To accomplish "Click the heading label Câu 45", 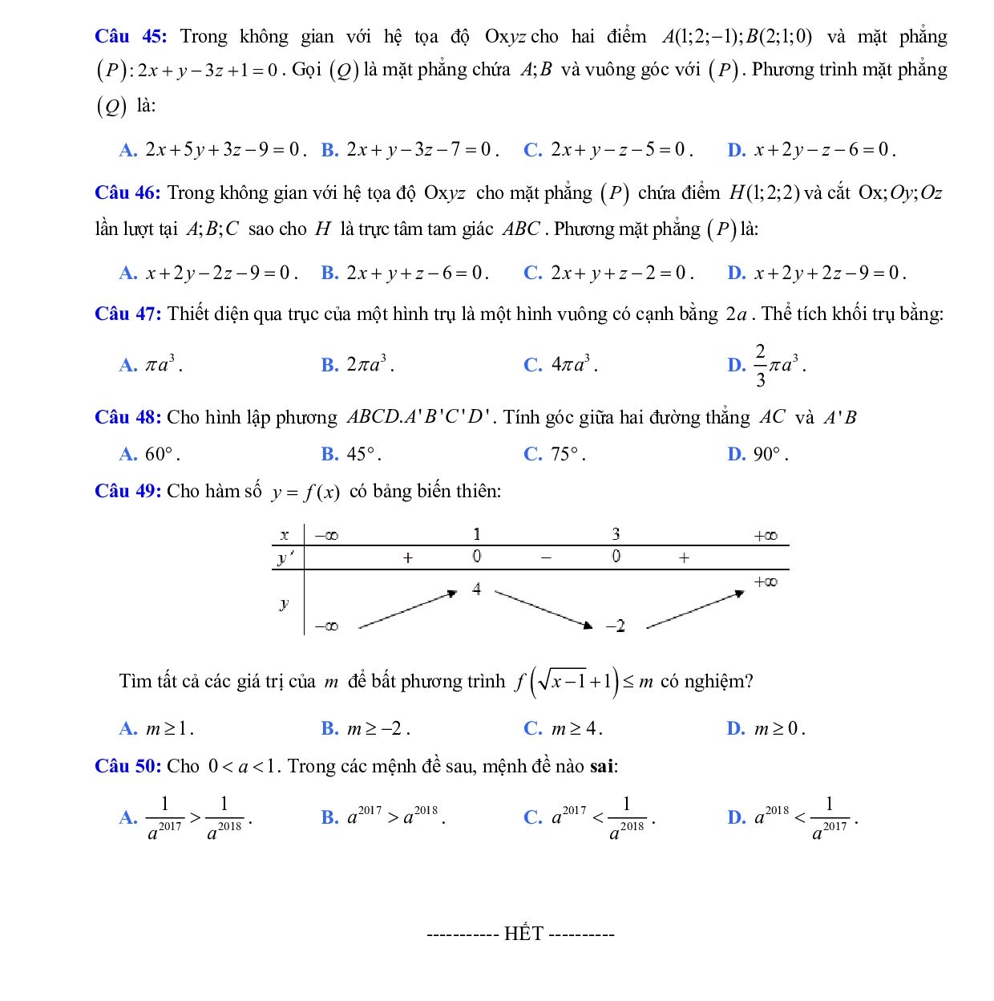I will (130, 36).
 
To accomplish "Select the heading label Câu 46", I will (128, 192).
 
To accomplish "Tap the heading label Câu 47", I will (128, 314).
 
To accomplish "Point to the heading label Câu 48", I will (128, 417).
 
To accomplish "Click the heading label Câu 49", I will (128, 491).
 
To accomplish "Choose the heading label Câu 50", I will (128, 766).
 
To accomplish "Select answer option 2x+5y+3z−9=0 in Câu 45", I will (224, 150).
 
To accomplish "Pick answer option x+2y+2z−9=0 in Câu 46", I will (830, 274).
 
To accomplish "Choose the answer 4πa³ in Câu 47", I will (574, 365).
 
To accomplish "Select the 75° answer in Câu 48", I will (567, 455).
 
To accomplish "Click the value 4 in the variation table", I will (477, 590).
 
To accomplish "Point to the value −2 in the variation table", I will (615, 626).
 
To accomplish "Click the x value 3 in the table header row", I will (616, 535).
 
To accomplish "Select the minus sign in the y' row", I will (545, 557).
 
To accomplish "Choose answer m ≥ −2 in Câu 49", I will (378, 729).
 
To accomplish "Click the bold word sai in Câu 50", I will (602, 766).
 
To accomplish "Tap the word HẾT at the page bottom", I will (524, 934).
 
